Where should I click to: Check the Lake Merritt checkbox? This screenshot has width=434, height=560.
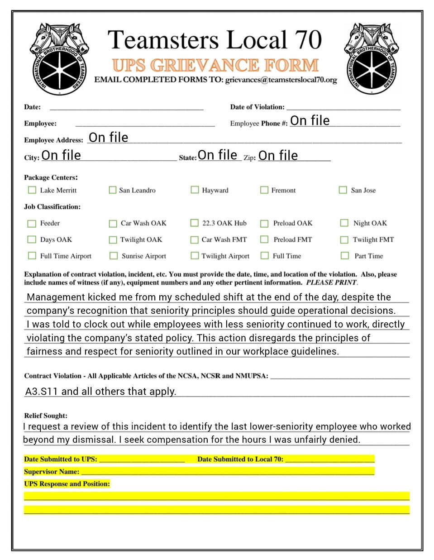(32, 190)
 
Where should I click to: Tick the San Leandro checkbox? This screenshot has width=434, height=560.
(113, 190)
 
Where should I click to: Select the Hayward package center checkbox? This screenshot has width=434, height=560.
(195, 190)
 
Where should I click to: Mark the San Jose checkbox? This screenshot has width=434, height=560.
(343, 190)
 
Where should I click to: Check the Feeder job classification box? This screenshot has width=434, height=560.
(32, 223)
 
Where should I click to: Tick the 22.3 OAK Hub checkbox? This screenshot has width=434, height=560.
(195, 223)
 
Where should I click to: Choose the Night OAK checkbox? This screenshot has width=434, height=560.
(344, 223)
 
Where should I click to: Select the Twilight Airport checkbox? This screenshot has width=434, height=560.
(195, 256)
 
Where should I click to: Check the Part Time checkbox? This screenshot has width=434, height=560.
(345, 256)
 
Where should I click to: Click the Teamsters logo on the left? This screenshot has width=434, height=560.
(59, 59)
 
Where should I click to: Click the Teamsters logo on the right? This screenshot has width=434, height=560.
(372, 59)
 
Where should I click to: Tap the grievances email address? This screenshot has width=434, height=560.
(281, 80)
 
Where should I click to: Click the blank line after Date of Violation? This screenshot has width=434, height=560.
(343, 108)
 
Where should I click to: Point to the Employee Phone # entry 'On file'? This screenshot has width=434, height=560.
(310, 121)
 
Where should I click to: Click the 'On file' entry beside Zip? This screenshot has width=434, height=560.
(278, 156)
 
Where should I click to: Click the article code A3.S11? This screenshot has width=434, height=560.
(42, 392)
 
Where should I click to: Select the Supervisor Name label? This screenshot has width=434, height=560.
(52, 472)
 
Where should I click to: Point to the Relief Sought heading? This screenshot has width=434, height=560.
(46, 416)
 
